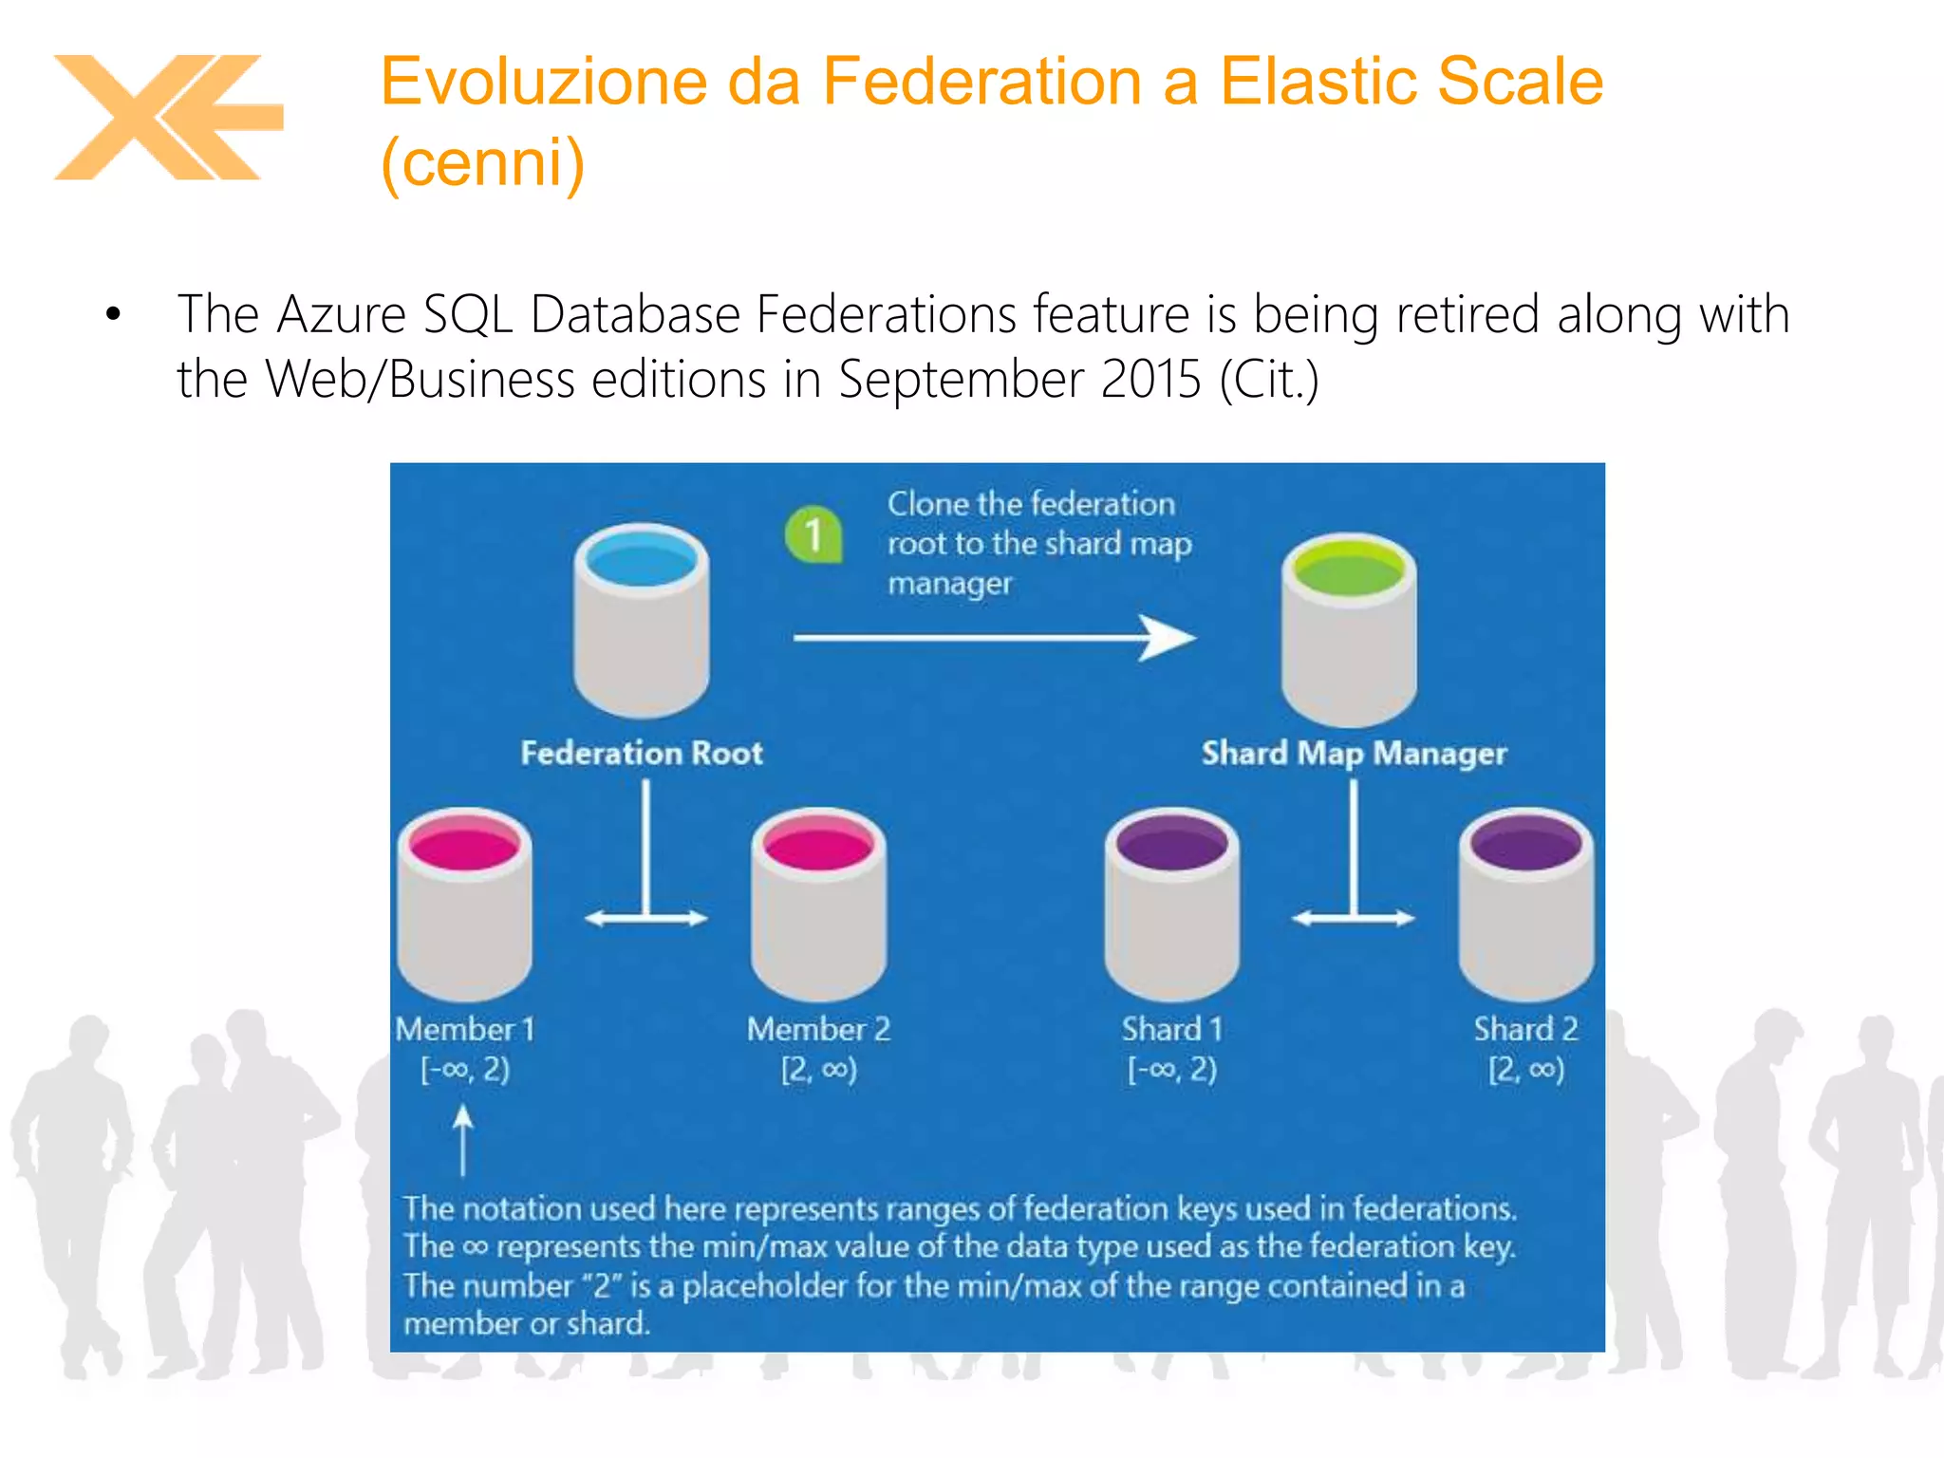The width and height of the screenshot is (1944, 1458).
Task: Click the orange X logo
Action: [167, 117]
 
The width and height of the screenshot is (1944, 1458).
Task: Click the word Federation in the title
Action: [981, 81]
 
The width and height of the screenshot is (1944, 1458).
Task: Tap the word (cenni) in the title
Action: [482, 162]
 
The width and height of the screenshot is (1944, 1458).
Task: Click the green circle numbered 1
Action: [813, 534]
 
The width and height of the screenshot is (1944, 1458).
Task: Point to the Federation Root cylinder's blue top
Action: [642, 560]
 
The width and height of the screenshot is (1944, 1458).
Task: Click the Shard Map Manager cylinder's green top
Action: [1349, 570]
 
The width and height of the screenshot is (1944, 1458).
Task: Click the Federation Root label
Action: [642, 753]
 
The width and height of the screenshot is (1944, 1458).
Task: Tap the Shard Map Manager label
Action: [1354, 753]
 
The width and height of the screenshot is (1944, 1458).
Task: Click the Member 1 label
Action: [465, 1029]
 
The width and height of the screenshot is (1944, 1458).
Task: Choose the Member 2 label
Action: [818, 1029]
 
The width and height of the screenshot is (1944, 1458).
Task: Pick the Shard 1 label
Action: [1172, 1029]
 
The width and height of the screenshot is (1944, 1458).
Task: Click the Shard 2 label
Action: [1525, 1029]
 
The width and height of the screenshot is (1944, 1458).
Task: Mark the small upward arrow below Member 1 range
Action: [463, 1139]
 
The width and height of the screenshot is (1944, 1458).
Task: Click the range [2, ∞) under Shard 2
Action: [1525, 1070]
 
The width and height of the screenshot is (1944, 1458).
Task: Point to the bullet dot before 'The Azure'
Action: [114, 314]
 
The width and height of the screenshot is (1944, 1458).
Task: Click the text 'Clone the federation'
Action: [1031, 503]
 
